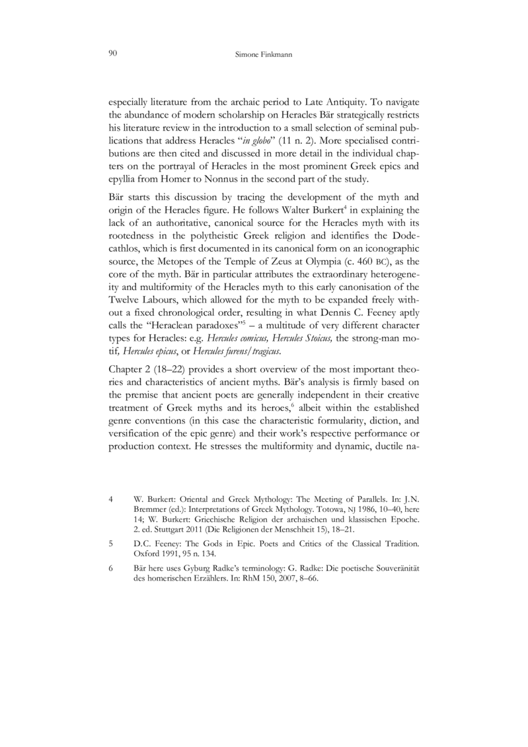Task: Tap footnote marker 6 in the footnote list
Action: coord(110,569)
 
